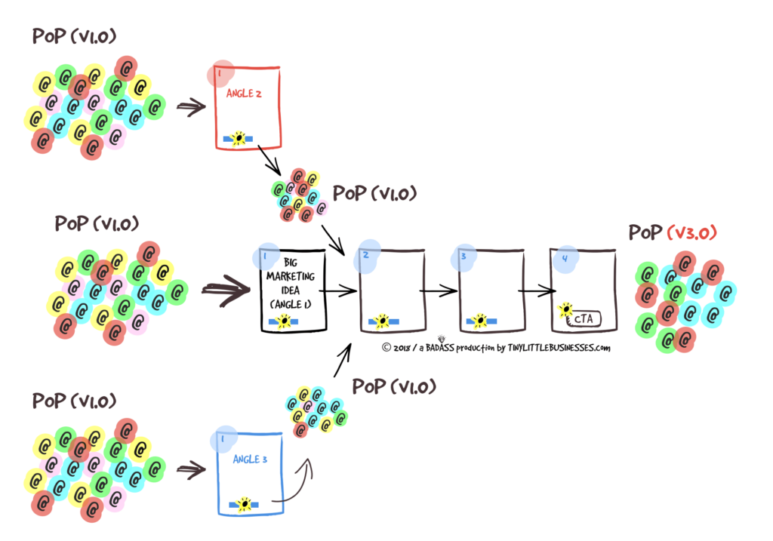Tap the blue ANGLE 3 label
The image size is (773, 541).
[246, 460]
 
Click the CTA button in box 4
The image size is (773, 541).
[582, 318]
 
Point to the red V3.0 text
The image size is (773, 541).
[693, 232]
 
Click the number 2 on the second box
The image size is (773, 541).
[365, 255]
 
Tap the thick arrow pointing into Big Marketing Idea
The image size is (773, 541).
[226, 288]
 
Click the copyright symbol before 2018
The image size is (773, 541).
[386, 348]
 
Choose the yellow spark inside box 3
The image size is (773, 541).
[477, 321]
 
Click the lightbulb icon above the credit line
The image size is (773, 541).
[441, 338]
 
